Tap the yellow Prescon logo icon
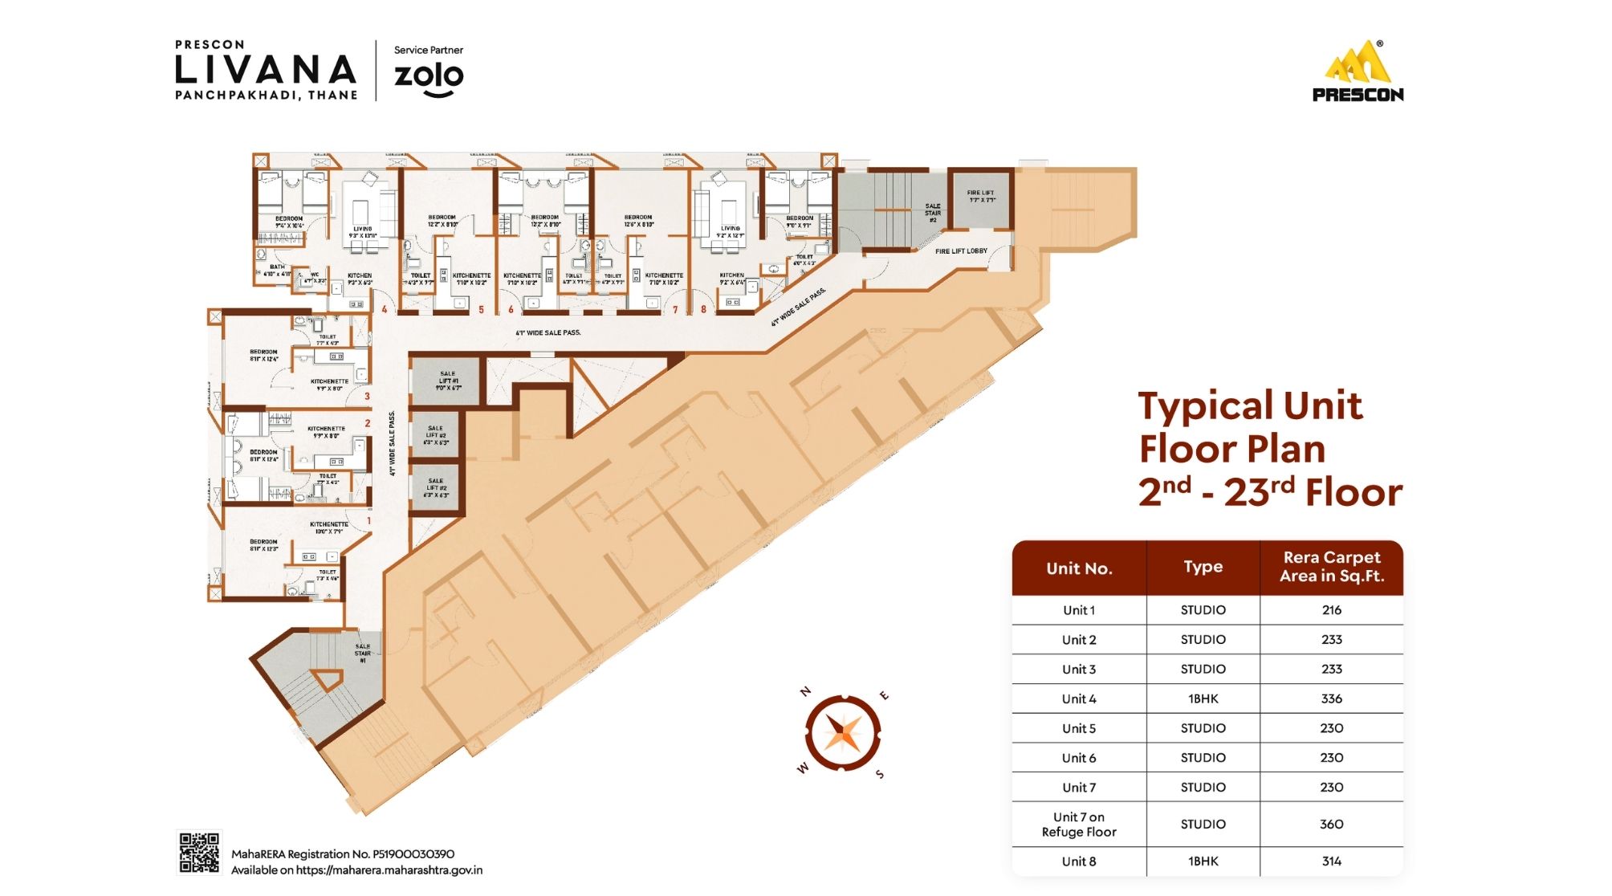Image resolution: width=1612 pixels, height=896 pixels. (x=1358, y=63)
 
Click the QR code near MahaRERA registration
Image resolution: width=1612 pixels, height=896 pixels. (x=198, y=852)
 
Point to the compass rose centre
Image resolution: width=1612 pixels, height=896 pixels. (x=843, y=733)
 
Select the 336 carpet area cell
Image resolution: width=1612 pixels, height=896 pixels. (x=1331, y=698)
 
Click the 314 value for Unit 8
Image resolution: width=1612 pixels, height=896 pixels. (x=1331, y=861)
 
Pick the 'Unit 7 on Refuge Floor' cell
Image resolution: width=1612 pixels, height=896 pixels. (x=1079, y=825)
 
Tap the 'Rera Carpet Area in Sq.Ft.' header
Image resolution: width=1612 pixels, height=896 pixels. (x=1331, y=567)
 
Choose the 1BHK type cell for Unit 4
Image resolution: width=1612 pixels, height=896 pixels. (x=1203, y=698)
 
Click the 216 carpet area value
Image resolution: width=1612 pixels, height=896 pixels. (x=1331, y=610)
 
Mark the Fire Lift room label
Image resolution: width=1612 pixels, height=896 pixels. (x=980, y=196)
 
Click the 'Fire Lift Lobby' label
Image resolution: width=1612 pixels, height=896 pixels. (x=961, y=251)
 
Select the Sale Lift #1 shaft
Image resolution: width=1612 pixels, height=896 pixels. (x=447, y=381)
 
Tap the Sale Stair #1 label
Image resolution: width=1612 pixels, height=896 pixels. (x=363, y=653)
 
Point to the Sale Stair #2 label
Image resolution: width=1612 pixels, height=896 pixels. (x=932, y=213)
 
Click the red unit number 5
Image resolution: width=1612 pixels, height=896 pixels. (x=481, y=309)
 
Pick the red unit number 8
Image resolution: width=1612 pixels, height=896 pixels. (x=703, y=309)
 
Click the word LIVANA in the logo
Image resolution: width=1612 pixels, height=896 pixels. (x=266, y=70)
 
